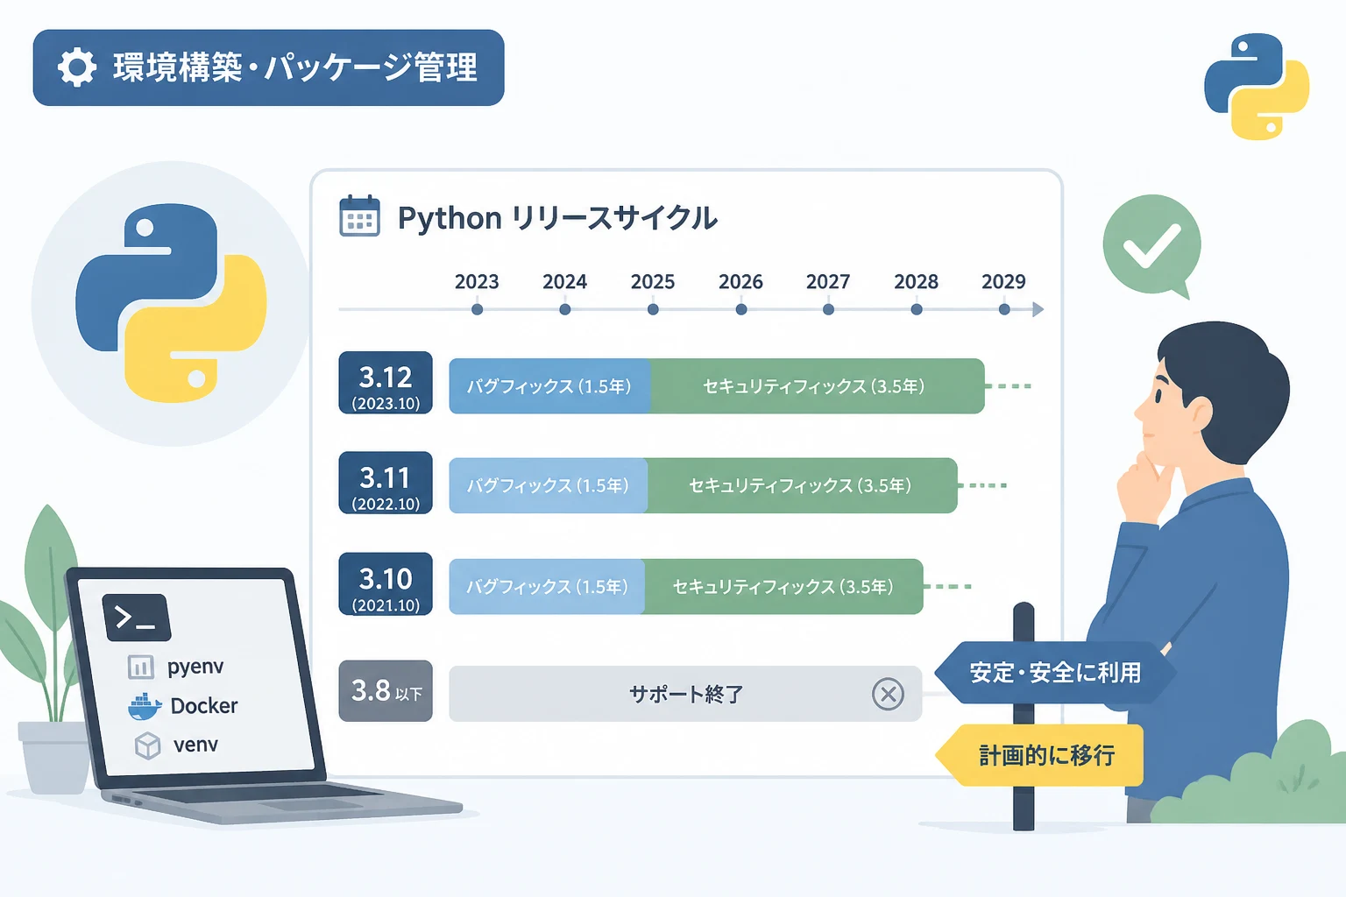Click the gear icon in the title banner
click(76, 67)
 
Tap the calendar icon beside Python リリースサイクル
click(359, 215)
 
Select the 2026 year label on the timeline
click(740, 281)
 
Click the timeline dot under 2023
click(477, 309)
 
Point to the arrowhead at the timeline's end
click(1038, 309)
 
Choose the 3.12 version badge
click(386, 383)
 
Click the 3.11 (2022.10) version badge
click(386, 483)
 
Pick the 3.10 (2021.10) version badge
click(386, 584)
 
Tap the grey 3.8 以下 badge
click(386, 691)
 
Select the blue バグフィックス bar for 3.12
click(549, 385)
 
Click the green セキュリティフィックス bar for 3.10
click(783, 586)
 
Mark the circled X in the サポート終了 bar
click(888, 694)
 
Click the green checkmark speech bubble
click(1152, 245)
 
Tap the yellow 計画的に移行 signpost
click(1039, 755)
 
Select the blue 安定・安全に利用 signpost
click(1055, 672)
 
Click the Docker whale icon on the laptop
click(145, 707)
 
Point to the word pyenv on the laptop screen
click(195, 667)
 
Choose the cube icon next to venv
click(147, 745)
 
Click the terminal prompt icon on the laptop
click(137, 617)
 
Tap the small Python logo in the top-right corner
click(1257, 87)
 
